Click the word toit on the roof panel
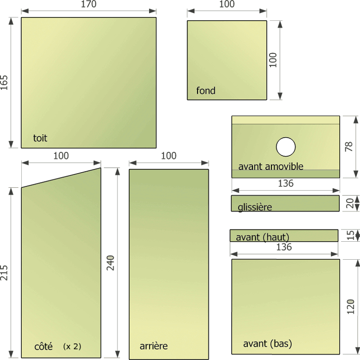pos(40,138)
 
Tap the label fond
pos(206,90)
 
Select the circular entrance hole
pos(286,147)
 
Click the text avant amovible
pos(271,166)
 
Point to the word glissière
pos(255,207)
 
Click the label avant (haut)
pos(262,237)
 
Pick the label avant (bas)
pos(268,344)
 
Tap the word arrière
pos(153,346)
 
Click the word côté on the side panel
pos(44,346)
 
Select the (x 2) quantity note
pos(72,346)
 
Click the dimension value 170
pos(89,4)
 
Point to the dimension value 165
pos(4,83)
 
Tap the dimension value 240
pos(110,263)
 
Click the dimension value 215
pos(4,273)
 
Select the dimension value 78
pos(349,147)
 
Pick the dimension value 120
pos(351,307)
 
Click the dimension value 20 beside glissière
pos(350,203)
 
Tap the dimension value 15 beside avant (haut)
pos(350,235)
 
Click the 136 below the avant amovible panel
pos(286,183)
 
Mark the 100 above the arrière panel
pos(169,156)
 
